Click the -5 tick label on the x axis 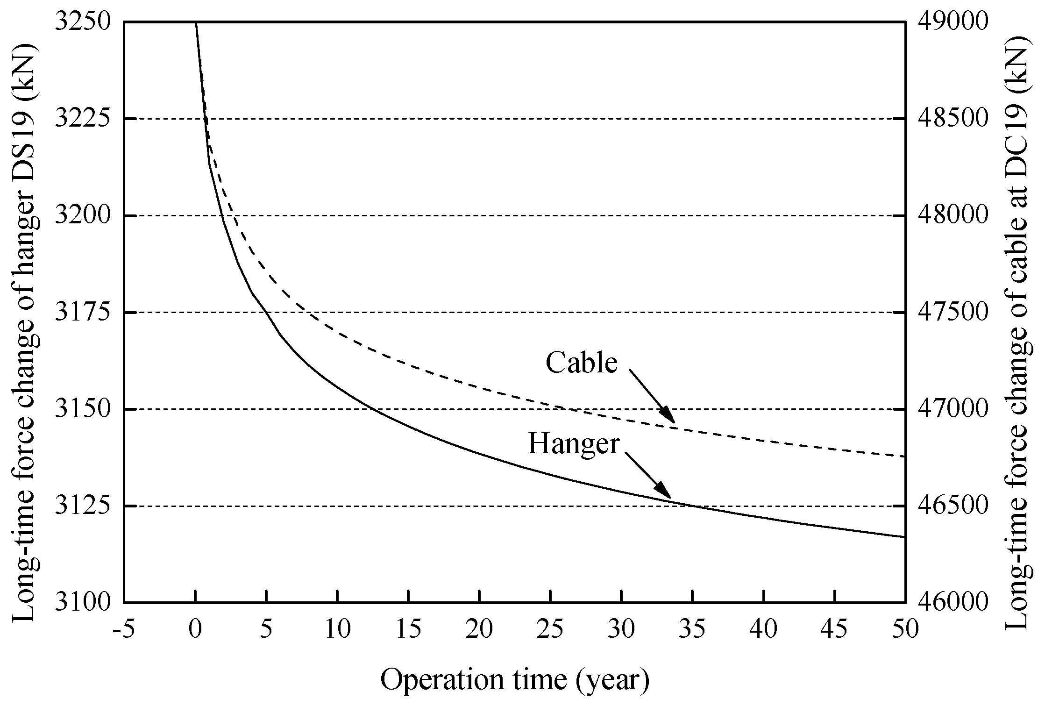124,629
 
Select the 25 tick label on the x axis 550,629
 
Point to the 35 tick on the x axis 692,629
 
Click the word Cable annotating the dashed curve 582,363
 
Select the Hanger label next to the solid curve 574,443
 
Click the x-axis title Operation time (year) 515,680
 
